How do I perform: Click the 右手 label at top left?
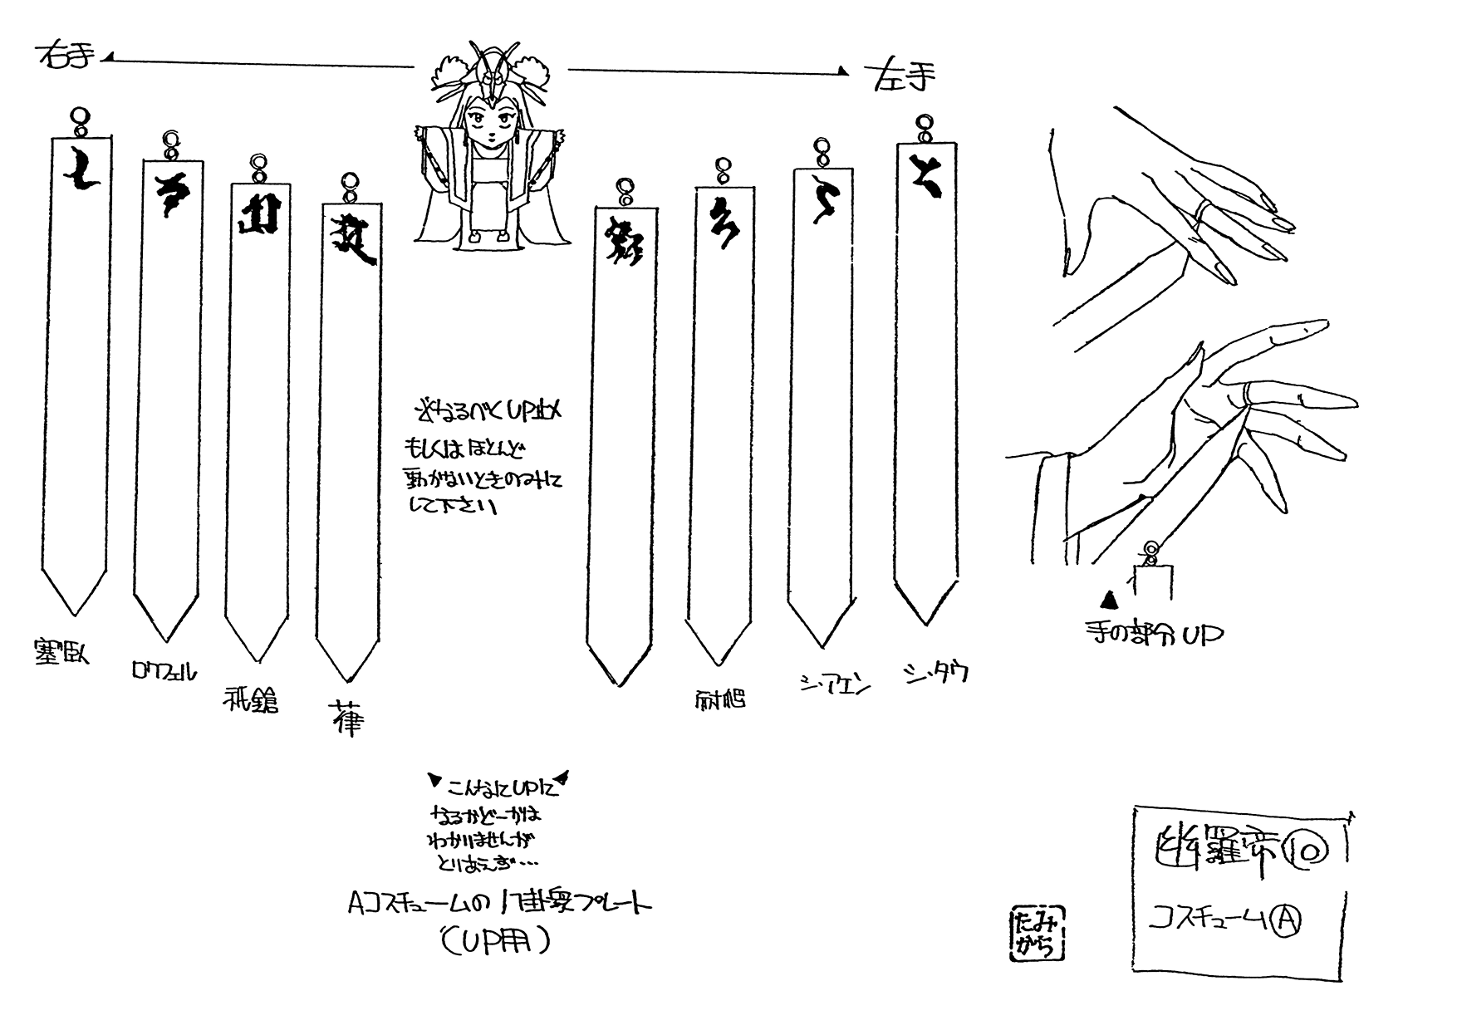pos(66,58)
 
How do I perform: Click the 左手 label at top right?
pos(903,77)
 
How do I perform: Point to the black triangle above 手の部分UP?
pos(1108,599)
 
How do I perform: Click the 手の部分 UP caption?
pos(1153,635)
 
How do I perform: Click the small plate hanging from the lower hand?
pos(1151,578)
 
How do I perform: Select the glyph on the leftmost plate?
pos(80,171)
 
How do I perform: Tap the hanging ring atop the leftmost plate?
pos(79,118)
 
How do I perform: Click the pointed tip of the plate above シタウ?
pos(926,622)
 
